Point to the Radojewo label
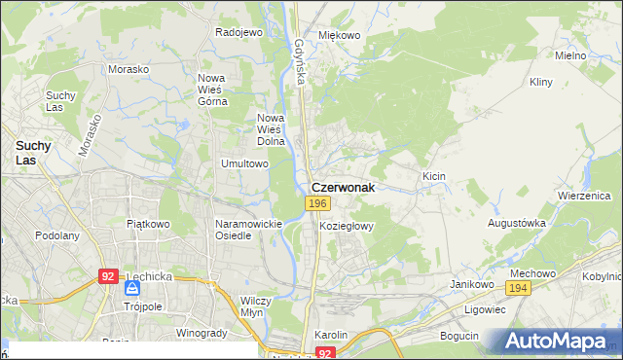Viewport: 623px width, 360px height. point(239,32)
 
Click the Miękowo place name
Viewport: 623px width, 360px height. point(340,35)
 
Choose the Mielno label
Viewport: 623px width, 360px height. point(570,55)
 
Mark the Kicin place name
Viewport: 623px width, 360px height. point(433,176)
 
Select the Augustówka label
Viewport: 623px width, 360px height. point(517,223)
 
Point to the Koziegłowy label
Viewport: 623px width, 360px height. point(348,226)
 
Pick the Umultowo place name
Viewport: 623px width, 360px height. point(244,164)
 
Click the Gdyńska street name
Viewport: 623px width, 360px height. point(300,61)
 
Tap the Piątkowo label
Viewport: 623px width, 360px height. point(148,224)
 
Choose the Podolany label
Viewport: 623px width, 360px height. point(56,235)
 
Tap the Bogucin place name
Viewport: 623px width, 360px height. point(459,336)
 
